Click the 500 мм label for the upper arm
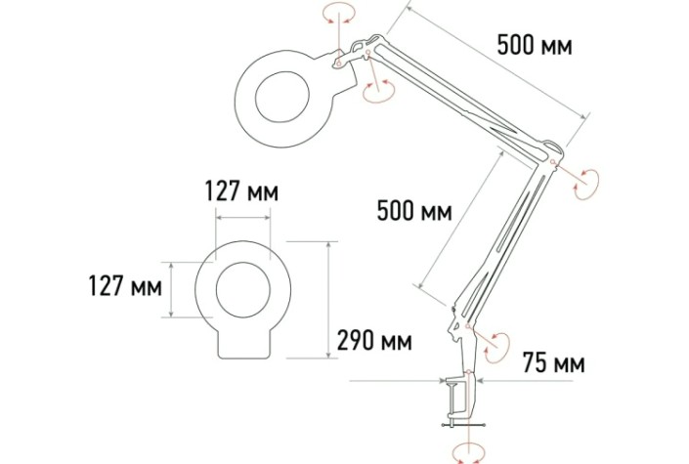point(535,45)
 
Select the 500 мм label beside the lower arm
point(414,211)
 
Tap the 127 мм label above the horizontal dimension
point(241,191)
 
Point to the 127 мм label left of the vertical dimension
point(125,286)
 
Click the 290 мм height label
point(374,341)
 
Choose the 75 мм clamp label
point(554,363)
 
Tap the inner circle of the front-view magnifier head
point(243,289)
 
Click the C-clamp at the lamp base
point(461,398)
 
